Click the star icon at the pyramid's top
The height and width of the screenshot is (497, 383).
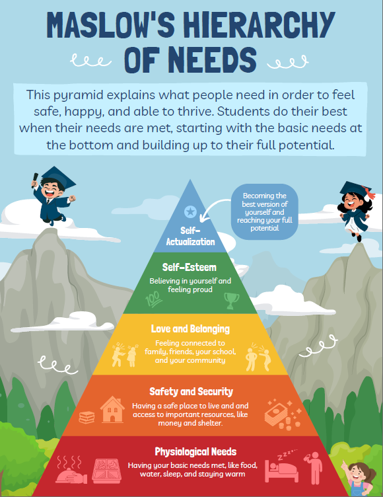tap(190, 211)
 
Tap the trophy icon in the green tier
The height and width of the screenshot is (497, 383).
tap(232, 301)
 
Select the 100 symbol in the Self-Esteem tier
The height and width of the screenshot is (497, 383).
tap(154, 299)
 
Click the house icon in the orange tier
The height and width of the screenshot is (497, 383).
tap(112, 409)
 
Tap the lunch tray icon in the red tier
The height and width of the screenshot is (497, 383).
tap(107, 471)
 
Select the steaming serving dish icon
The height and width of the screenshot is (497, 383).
tap(71, 470)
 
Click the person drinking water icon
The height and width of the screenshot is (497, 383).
tap(313, 468)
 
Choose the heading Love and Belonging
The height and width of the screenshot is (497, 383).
tap(190, 329)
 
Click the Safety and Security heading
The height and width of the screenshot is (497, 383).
tap(191, 392)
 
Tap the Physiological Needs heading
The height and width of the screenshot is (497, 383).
tap(195, 451)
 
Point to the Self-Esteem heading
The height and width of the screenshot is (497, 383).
tap(190, 267)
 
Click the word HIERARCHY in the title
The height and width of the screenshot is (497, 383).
tap(259, 24)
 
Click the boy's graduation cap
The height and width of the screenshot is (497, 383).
tap(58, 178)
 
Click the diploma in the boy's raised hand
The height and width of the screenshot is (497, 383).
tap(34, 180)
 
